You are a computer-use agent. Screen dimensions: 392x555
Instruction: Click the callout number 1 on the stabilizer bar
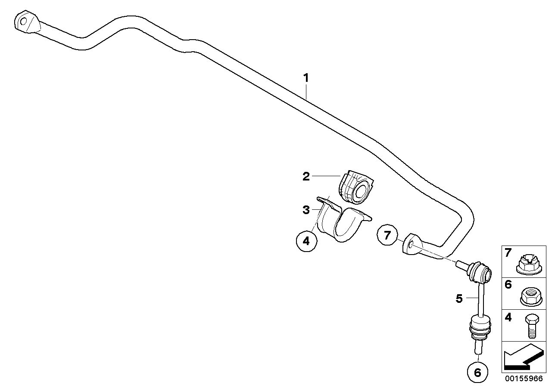coord(306,78)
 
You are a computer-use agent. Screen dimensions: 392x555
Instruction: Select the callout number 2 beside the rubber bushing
coord(306,176)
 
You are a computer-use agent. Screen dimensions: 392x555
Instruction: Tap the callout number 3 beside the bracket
coord(306,210)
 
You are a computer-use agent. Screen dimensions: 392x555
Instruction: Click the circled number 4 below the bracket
coord(306,241)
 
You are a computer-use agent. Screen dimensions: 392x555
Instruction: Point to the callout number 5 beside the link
coord(459,298)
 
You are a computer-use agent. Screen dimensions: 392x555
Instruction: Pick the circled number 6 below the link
coord(477,372)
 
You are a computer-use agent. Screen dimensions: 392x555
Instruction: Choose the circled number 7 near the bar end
coord(387,235)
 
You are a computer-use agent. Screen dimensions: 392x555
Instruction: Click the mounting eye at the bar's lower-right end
coord(411,246)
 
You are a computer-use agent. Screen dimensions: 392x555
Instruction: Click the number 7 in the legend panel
coord(508,253)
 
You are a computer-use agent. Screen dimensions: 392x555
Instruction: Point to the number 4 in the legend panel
coord(508,318)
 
